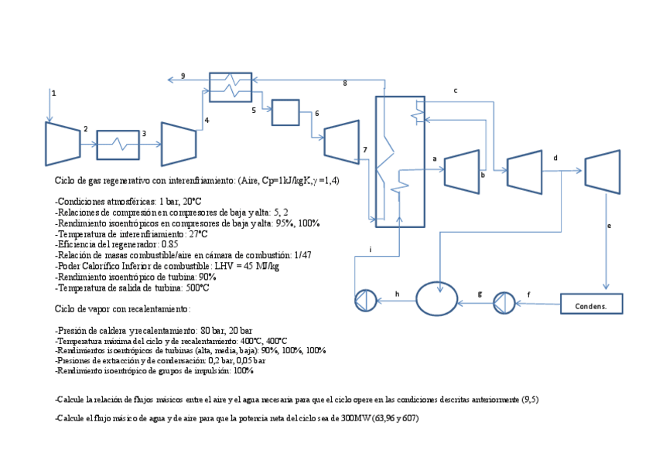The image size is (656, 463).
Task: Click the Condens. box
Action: [x=590, y=304]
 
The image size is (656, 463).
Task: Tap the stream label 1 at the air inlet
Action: [x=54, y=93]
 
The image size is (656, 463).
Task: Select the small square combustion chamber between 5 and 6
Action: [x=285, y=113]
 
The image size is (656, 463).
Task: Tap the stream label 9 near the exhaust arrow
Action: [x=183, y=76]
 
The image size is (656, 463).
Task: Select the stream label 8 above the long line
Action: [x=344, y=83]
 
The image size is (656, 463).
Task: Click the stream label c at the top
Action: [x=455, y=90]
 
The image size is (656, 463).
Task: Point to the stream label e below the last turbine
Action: [x=609, y=226]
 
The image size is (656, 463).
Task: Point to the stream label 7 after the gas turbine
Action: [x=364, y=148]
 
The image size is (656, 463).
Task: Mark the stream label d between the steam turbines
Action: [x=555, y=158]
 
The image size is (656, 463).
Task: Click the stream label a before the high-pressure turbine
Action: [x=435, y=158]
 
